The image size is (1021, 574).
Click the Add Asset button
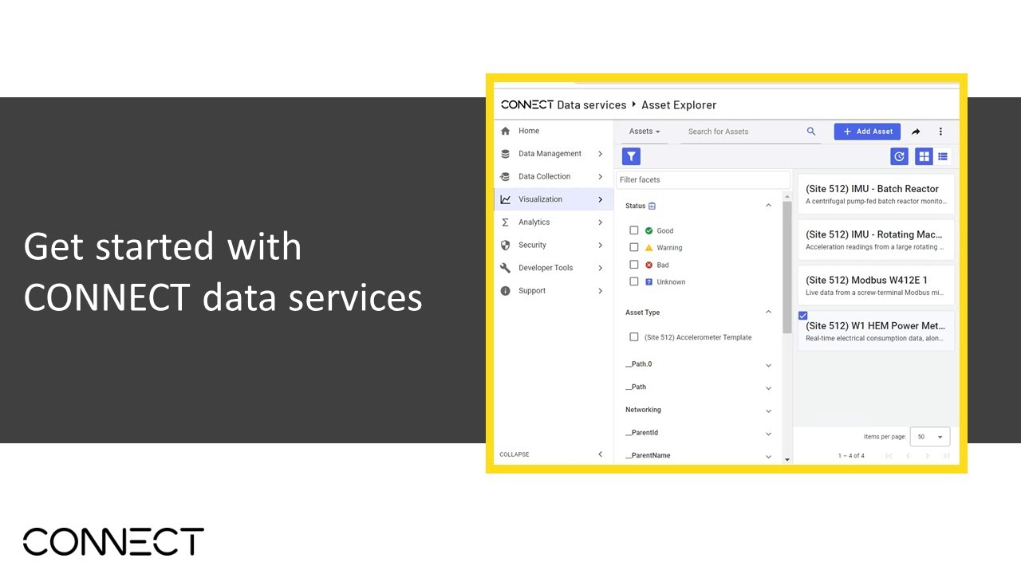pos(867,132)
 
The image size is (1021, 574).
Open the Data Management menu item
pos(550,154)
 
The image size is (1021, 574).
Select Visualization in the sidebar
pos(540,199)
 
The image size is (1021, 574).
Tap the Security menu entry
pos(532,245)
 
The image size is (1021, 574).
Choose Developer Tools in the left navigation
pos(546,268)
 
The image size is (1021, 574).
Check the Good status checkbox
pos(634,230)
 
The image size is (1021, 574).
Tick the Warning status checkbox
pos(634,247)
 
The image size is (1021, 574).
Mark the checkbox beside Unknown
pos(634,281)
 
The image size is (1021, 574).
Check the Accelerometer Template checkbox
pos(634,337)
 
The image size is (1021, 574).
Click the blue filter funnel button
pos(631,156)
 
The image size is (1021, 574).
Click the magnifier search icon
pos(811,132)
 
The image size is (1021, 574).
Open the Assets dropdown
pos(645,132)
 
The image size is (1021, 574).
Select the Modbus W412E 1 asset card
pos(876,285)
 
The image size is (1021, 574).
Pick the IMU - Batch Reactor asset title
pos(872,189)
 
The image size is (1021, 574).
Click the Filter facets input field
pos(702,180)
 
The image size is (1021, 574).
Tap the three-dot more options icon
pos(940,132)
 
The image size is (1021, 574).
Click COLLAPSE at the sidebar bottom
pos(514,454)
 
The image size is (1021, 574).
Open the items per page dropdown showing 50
pos(930,437)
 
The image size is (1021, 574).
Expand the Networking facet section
pos(698,411)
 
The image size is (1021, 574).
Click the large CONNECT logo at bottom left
pos(113,541)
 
